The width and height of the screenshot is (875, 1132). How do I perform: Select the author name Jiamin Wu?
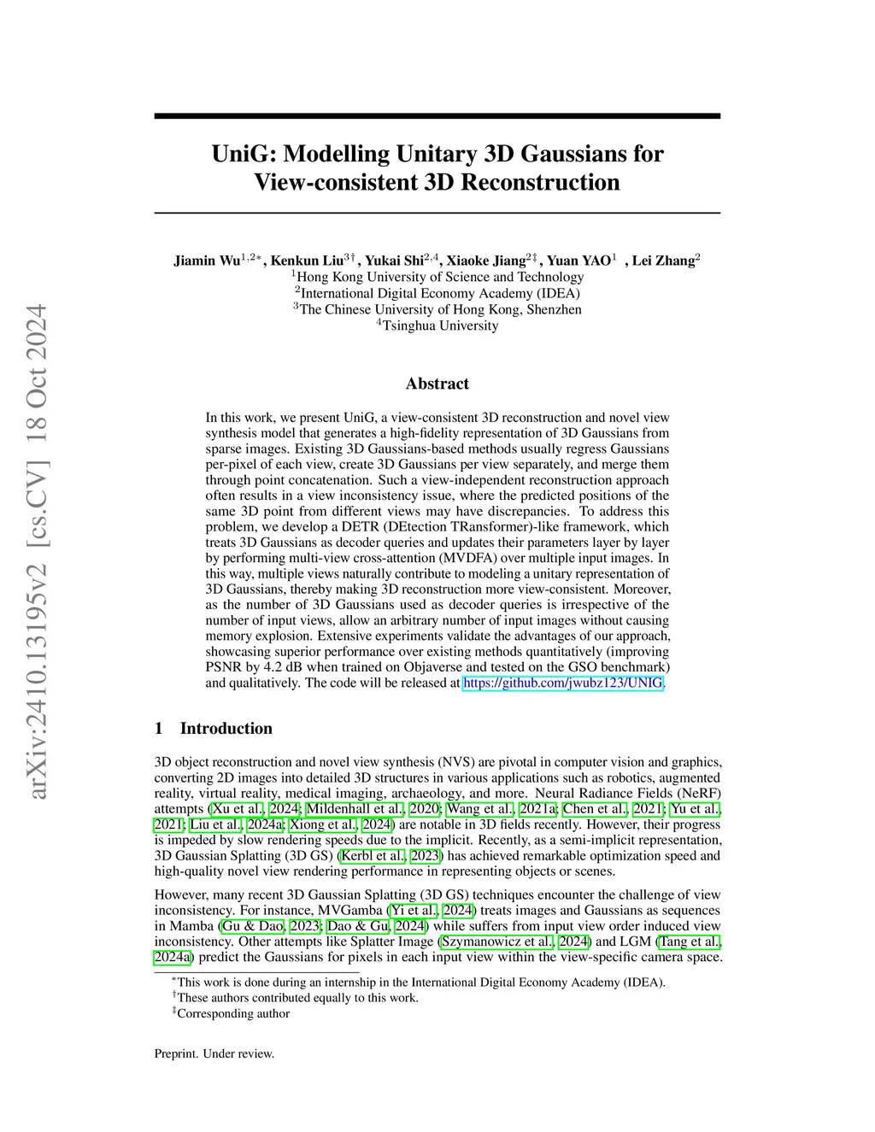208,261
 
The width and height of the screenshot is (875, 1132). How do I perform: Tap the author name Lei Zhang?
663,261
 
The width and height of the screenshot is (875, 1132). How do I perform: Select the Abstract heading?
437,384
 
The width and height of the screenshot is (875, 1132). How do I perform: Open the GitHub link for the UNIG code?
562,683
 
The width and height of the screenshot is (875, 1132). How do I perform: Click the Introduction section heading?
226,729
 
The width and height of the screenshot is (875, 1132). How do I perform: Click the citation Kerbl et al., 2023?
391,855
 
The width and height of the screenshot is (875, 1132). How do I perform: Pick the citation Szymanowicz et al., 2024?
514,941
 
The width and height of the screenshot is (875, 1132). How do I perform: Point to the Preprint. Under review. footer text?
214,1053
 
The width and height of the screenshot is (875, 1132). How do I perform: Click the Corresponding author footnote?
232,1013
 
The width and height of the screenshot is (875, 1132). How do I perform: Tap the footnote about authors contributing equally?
297,998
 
